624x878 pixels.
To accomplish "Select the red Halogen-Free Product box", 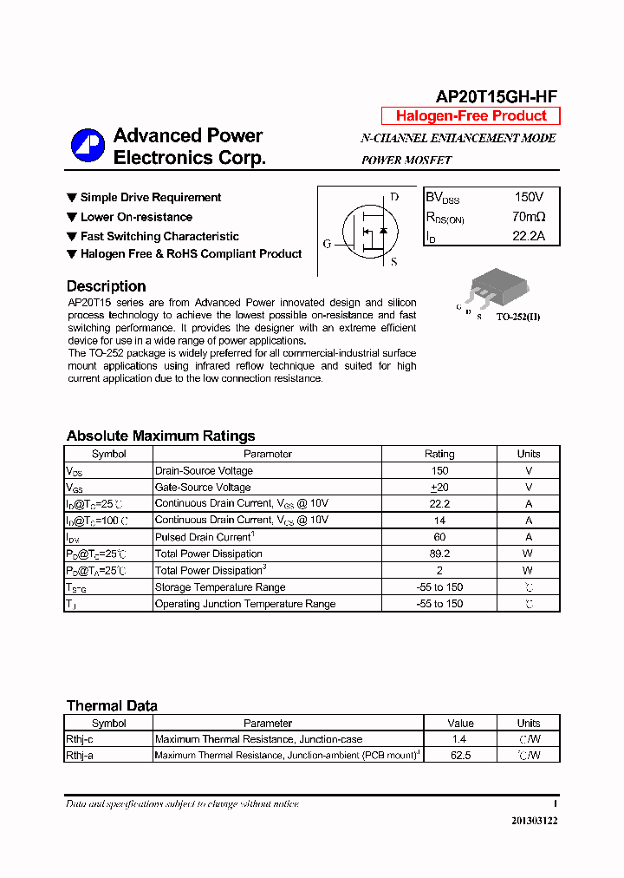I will pyautogui.click(x=471, y=116).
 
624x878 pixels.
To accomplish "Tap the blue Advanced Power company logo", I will pyautogui.click(x=88, y=146).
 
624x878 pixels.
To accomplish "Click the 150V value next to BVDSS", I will pyautogui.click(x=529, y=198).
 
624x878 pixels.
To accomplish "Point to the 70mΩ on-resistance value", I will pyautogui.click(x=529, y=217).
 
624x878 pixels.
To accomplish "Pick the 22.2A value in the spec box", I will pyautogui.click(x=529, y=236).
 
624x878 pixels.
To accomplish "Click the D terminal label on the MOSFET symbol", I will pyautogui.click(x=394, y=197).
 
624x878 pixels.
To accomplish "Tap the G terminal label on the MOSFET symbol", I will pyautogui.click(x=328, y=244).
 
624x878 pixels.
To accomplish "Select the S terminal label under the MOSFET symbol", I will pyautogui.click(x=393, y=261).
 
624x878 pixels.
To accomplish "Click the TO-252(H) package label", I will pyautogui.click(x=518, y=317).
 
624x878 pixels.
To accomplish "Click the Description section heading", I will pyautogui.click(x=106, y=286).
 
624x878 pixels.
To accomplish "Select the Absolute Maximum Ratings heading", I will pyautogui.click(x=160, y=436).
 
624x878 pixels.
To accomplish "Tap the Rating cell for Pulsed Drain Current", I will pyautogui.click(x=439, y=537).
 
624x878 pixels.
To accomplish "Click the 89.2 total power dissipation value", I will pyautogui.click(x=439, y=554).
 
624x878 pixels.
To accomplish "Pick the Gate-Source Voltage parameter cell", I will pyautogui.click(x=203, y=488).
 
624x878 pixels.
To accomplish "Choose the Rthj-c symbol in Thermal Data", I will pyautogui.click(x=81, y=739).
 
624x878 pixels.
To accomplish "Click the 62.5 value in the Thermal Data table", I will pyautogui.click(x=460, y=756).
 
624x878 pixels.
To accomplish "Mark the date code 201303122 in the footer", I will pyautogui.click(x=534, y=820).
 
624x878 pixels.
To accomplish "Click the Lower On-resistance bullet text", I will pyautogui.click(x=136, y=217).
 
